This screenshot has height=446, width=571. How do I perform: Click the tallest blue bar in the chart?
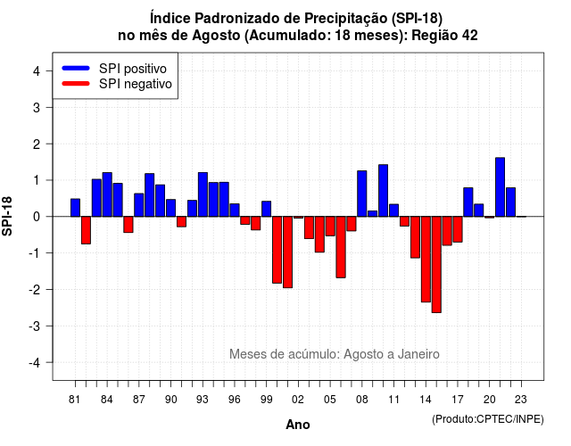(500, 187)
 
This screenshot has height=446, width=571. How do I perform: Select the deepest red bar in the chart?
(436, 265)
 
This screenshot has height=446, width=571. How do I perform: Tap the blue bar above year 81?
(75, 208)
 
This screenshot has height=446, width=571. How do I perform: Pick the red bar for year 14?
(426, 260)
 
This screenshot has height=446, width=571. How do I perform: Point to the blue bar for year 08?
(362, 194)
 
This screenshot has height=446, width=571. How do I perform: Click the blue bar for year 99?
(266, 209)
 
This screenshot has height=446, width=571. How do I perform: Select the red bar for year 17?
(458, 229)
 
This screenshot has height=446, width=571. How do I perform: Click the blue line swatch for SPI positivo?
(76, 68)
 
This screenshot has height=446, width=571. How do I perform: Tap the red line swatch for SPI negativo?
(76, 84)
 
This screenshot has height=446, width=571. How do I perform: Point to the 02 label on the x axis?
(298, 400)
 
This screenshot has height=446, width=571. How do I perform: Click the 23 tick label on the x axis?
(521, 400)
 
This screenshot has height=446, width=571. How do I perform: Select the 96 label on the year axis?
(234, 400)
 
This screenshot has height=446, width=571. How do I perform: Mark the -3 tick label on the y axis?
(36, 326)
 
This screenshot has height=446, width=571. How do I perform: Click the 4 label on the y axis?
(37, 71)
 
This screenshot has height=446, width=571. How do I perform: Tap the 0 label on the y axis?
(37, 217)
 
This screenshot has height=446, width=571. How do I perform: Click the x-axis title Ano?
(298, 425)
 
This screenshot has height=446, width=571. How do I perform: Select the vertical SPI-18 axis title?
(7, 216)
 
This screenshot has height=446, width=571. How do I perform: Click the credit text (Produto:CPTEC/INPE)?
(488, 419)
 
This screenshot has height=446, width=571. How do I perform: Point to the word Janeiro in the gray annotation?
(418, 354)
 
